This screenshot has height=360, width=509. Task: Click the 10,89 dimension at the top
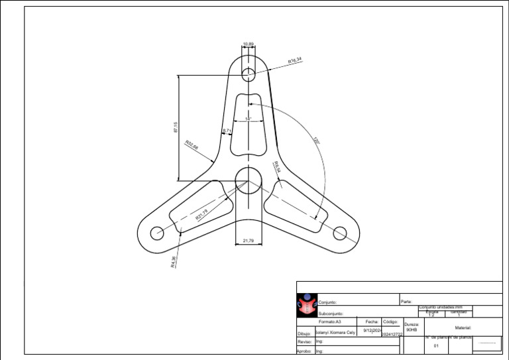coord(249,44)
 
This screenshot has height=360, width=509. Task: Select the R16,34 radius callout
coord(295,60)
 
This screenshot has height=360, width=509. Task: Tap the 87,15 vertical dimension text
coord(176,127)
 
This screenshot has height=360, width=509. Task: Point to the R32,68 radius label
coord(192,144)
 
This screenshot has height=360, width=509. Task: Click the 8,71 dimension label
coord(227,131)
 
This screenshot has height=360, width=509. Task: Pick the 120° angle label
coord(316,141)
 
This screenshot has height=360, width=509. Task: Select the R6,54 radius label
coord(277,167)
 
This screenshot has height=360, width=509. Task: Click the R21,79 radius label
coord(201,214)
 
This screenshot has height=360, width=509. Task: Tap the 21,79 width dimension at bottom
coord(249,241)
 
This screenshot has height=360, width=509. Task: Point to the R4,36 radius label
coord(174,263)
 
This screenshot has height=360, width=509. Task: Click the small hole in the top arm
coord(249,73)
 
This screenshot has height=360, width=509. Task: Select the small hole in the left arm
coord(157,233)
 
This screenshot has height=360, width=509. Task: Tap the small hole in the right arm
coord(340,233)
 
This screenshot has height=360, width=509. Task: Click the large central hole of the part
coord(249,180)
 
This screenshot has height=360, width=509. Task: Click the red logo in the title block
coord(306,306)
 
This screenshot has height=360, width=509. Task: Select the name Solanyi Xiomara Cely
coord(335,332)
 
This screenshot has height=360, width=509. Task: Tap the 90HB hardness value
coord(412,330)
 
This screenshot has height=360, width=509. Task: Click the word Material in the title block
coord(463,328)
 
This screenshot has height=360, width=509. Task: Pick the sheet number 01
coord(436,346)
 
